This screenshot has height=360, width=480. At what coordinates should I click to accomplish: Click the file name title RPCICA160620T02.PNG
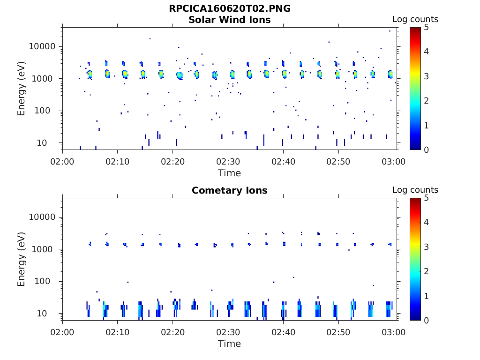[x=229, y=9]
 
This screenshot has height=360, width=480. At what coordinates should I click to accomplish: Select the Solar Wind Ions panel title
[x=229, y=20]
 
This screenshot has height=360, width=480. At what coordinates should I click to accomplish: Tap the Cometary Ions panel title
[x=229, y=190]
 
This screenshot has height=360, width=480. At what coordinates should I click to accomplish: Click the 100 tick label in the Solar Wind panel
[x=48, y=111]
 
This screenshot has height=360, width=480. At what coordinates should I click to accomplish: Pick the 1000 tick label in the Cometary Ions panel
[x=46, y=249]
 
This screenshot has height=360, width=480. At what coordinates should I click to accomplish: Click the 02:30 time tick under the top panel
[x=228, y=162]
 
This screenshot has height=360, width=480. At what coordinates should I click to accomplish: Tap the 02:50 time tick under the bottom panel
[x=338, y=332]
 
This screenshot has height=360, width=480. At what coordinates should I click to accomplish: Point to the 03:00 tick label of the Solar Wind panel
[x=394, y=162]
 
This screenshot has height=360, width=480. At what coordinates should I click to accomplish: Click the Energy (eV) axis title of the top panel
[x=22, y=89]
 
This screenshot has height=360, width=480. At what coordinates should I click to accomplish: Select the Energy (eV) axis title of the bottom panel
[x=22, y=259]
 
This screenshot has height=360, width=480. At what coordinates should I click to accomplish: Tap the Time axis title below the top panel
[x=229, y=173]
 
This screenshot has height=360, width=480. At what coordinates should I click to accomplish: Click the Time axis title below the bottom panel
[x=229, y=344]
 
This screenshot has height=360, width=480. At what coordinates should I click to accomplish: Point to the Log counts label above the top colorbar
[x=415, y=19]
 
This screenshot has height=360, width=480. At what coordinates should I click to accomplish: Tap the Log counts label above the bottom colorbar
[x=415, y=190]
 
